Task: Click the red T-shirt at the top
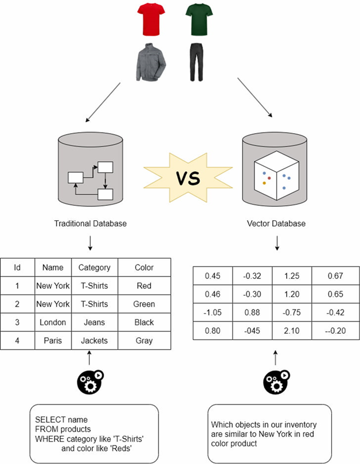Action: coord(150,18)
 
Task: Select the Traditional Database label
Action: coord(90,224)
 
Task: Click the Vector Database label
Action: coord(277,224)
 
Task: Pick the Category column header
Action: coord(94,267)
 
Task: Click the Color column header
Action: coord(144,267)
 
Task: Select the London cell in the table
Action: coord(52,322)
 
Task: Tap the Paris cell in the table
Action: coord(52,341)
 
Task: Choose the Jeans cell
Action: coord(94,322)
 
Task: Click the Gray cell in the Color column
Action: coord(144,341)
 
